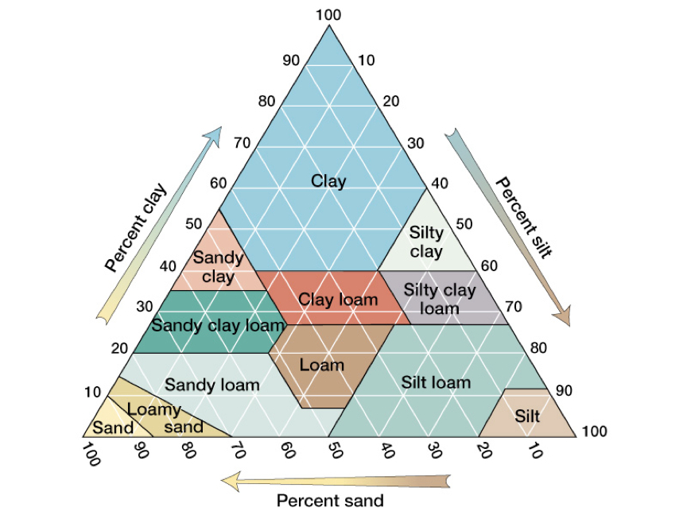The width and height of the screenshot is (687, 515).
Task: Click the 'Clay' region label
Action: tap(328, 181)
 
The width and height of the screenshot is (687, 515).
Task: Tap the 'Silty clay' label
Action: tap(426, 242)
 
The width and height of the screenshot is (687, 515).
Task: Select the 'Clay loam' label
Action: tap(338, 300)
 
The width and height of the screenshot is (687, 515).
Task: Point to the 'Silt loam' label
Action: tap(436, 382)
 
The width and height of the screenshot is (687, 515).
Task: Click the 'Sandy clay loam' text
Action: tap(218, 325)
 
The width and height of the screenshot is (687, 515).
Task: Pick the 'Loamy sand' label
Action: tap(165, 418)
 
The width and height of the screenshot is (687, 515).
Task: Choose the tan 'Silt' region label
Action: tap(527, 416)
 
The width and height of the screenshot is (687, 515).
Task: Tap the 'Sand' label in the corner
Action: tap(113, 428)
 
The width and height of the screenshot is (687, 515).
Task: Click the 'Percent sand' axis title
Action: tap(330, 500)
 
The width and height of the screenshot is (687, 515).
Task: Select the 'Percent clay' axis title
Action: tap(136, 227)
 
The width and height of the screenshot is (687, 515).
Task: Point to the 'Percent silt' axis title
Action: tap(524, 218)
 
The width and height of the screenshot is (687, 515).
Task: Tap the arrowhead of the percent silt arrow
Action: tap(563, 316)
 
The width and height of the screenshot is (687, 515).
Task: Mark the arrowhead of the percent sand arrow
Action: tap(231, 482)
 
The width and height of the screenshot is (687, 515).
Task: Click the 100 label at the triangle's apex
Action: tap(328, 15)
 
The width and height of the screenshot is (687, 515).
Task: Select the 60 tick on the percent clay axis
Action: tap(218, 183)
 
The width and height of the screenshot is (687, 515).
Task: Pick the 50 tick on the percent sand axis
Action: tap(336, 449)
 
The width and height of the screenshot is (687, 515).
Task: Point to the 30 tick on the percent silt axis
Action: tap(416, 143)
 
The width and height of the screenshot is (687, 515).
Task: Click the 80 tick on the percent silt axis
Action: tap(538, 348)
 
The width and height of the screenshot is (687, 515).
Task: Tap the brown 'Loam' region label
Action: tap(322, 365)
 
